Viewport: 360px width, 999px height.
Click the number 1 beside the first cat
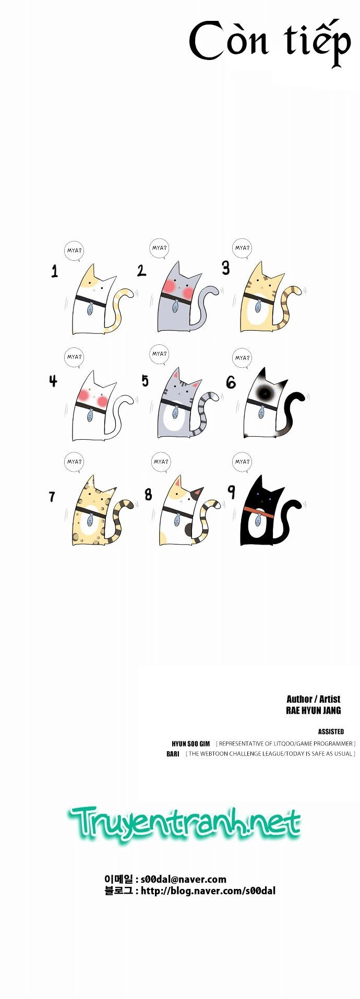(55, 271)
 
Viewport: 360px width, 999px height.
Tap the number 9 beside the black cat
(231, 491)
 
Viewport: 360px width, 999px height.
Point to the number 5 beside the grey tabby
(145, 381)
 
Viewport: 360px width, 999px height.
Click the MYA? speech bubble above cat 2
(160, 248)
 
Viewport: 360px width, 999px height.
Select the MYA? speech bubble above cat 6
(242, 358)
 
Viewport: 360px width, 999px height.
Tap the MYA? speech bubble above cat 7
(74, 462)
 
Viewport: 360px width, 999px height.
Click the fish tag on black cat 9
(258, 520)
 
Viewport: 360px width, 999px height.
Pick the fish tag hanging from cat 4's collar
(90, 415)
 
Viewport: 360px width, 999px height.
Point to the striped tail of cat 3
(289, 308)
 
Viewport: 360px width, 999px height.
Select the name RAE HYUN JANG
(314, 711)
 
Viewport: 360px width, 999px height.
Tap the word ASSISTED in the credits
(331, 732)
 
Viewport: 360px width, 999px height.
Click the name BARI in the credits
(173, 754)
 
